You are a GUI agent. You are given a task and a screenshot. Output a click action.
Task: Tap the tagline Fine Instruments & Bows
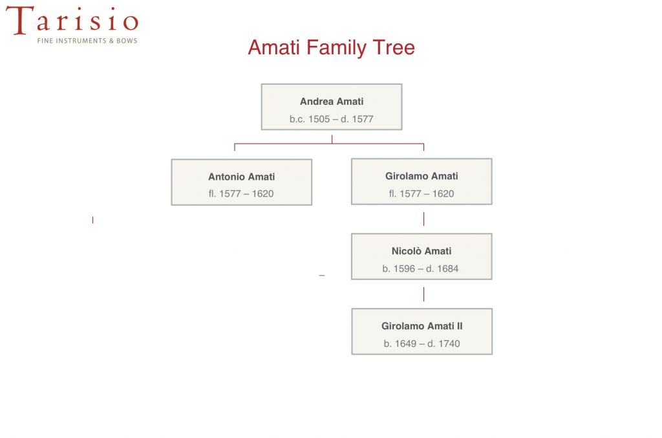[x=87, y=41]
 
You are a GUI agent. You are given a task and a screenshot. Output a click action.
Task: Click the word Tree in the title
[x=394, y=47]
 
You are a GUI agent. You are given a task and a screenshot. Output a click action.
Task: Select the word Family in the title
[x=336, y=48]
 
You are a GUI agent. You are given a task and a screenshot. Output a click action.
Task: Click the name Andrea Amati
[x=332, y=102]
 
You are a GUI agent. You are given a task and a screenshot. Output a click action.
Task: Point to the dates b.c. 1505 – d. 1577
[x=332, y=119]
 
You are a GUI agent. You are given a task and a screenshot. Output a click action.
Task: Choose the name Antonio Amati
[x=242, y=177]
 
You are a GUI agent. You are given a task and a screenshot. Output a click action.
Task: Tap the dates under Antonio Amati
[x=241, y=193]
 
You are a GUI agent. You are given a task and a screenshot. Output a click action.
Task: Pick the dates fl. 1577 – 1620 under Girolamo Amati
[x=422, y=193]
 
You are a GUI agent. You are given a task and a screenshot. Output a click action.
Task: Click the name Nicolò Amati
[x=422, y=251]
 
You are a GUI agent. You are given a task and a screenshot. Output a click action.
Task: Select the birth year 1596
[x=404, y=268]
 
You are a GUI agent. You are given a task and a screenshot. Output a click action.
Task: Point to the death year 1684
[x=447, y=268]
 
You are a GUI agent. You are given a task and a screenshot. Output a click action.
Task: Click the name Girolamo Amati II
[x=422, y=326]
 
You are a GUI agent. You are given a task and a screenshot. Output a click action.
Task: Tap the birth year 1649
[x=406, y=344]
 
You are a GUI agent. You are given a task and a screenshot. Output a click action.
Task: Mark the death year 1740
[x=449, y=344]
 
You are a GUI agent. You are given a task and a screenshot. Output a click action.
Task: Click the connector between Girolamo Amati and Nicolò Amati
[x=423, y=219]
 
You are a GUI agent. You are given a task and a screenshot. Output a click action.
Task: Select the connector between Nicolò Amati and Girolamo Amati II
[x=423, y=294]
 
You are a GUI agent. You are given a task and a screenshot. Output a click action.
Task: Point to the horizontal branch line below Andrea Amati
[x=329, y=144]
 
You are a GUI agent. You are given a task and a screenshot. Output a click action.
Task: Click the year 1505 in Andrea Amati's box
[x=319, y=119]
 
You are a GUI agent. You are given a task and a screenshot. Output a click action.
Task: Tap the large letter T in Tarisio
[x=20, y=20]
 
